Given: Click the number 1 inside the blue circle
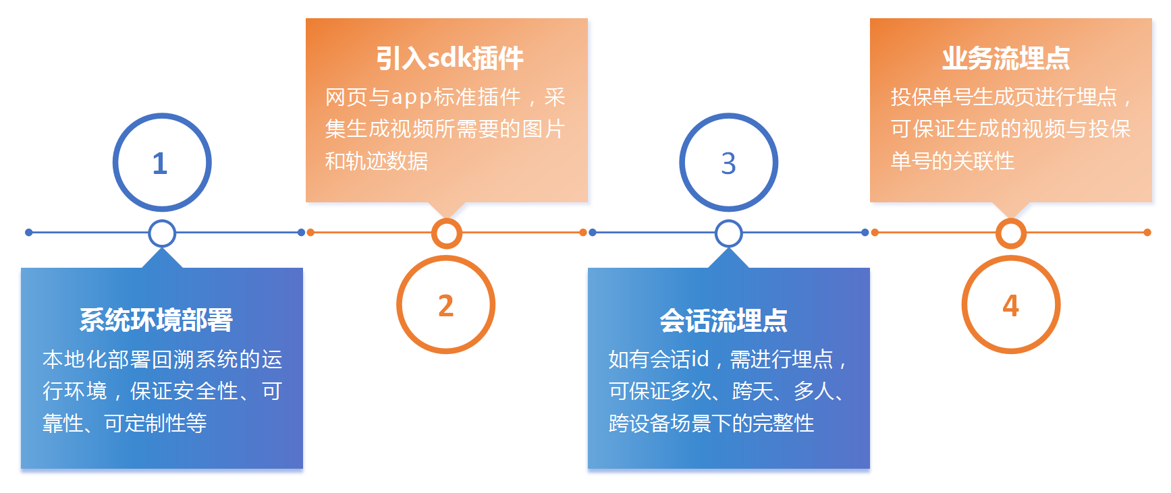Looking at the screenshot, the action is click(160, 163).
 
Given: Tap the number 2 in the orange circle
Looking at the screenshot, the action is click(445, 306).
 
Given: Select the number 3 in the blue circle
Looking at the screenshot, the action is click(728, 163).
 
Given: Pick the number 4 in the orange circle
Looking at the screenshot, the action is click(1010, 306).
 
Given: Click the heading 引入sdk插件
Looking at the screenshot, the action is click(450, 58).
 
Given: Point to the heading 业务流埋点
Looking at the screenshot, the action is click(1006, 58).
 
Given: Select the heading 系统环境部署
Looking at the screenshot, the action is click(156, 320).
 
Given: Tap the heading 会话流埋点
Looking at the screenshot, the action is click(724, 320).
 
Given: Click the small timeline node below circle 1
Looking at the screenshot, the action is click(162, 233).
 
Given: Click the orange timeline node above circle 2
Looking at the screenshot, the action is click(447, 233).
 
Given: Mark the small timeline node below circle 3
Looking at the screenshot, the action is click(729, 233).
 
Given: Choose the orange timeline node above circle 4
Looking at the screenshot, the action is click(1011, 233).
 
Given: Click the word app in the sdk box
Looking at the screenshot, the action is click(412, 98).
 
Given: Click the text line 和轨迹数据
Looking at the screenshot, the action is click(377, 161).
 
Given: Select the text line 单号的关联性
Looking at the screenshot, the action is click(952, 161).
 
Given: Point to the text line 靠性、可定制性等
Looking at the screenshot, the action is click(125, 423).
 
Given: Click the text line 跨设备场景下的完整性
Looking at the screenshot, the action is click(711, 423).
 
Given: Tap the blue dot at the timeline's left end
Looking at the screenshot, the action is click(28, 233).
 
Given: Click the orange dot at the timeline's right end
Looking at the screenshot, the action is click(1147, 233).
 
